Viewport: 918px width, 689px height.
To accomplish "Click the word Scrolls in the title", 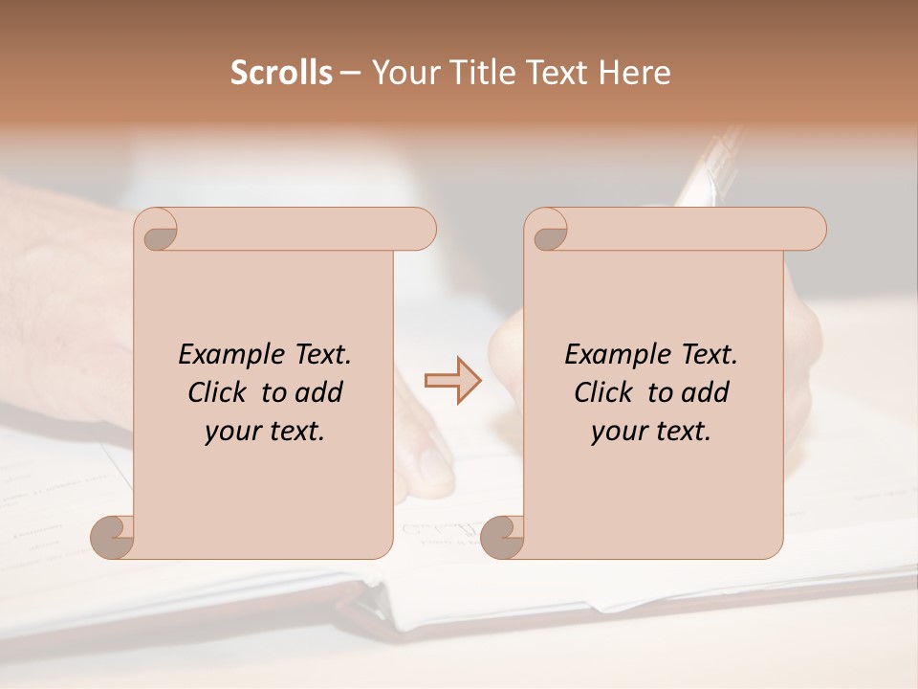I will (281, 73).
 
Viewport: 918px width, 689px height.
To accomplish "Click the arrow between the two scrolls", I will (453, 380).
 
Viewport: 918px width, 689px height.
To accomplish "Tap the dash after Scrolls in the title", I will (350, 74).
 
